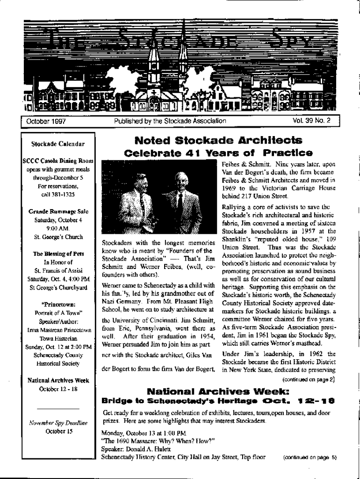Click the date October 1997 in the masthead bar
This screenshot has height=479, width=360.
46,121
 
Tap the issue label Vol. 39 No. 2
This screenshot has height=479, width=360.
311,121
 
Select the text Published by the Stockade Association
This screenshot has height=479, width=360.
170,121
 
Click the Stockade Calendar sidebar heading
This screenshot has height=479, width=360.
58,144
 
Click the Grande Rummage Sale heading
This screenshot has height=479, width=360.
58,211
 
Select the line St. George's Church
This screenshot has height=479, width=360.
58,237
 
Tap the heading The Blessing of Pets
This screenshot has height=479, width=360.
58,254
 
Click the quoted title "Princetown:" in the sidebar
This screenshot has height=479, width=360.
58,305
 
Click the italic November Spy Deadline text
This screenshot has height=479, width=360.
58,423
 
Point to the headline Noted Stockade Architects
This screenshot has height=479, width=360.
218,140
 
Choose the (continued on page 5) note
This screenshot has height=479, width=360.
310,457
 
